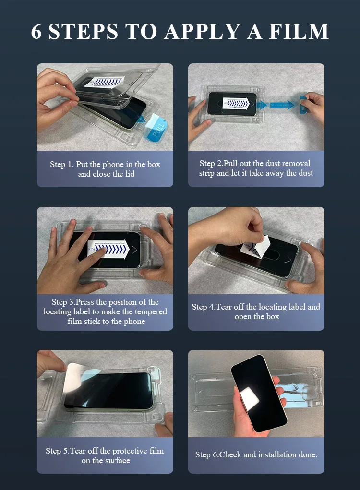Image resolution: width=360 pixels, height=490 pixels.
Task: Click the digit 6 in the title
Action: click(x=37, y=31)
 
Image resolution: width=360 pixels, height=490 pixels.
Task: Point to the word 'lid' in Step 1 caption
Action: click(x=129, y=174)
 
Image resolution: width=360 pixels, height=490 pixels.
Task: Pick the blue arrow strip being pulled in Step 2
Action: click(x=281, y=104)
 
